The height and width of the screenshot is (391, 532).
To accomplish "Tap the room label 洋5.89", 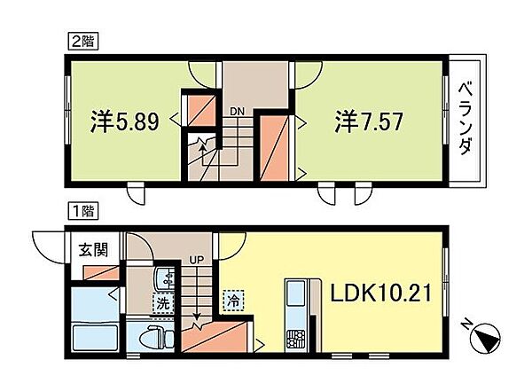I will (x=126, y=121).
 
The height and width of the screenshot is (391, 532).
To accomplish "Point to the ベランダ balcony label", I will (x=465, y=119).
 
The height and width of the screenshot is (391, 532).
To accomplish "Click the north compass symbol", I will (x=486, y=340).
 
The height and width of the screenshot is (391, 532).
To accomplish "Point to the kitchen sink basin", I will (x=293, y=293).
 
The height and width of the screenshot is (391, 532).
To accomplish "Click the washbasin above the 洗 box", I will (x=163, y=280).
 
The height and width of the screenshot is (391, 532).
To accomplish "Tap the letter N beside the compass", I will (x=466, y=325).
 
